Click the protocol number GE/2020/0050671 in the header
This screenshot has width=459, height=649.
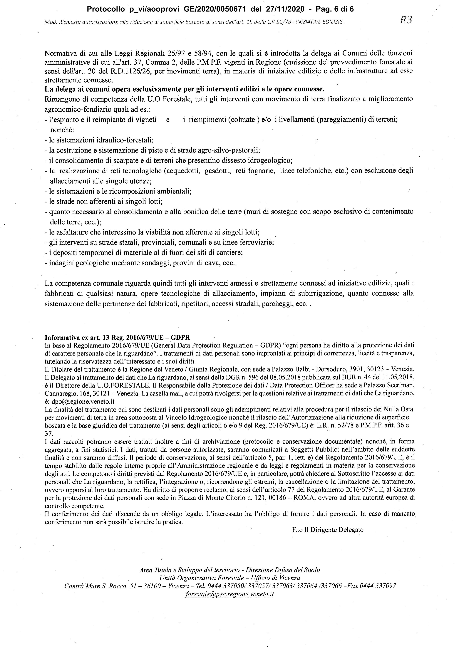coord(216,9)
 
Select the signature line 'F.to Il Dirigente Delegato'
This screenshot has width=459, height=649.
coord(328,530)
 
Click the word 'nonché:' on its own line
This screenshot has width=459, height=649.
coord(62,130)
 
